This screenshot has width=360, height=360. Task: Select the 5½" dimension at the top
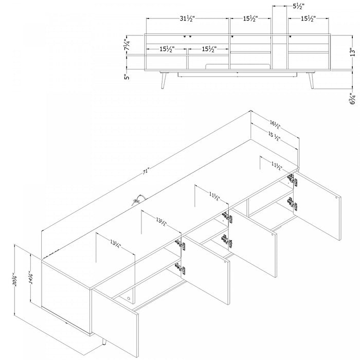[297, 7]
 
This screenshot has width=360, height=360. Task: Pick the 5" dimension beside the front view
[127, 77]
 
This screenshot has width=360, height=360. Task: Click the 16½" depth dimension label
[275, 124]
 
